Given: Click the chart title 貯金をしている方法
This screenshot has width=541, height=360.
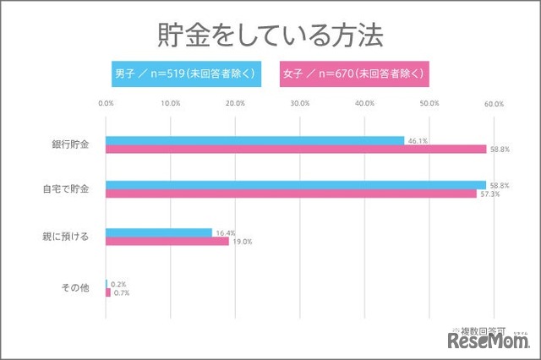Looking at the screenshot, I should [x=270, y=35].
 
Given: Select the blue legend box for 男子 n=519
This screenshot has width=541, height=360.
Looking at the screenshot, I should [x=183, y=73].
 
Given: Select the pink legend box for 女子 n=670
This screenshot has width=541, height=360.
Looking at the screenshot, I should [x=354, y=73].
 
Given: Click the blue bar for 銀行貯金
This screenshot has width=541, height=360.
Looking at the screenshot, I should [x=254, y=140].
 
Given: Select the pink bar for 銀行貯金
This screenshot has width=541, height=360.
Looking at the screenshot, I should [x=296, y=150].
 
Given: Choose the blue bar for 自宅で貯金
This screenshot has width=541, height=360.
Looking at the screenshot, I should [x=296, y=184].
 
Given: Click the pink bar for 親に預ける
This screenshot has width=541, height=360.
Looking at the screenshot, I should [x=167, y=241].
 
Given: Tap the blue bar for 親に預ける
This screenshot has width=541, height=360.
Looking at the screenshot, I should [x=159, y=232].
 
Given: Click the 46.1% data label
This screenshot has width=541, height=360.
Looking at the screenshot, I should [x=417, y=140].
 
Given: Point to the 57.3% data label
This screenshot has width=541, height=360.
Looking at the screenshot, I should [x=490, y=194].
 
